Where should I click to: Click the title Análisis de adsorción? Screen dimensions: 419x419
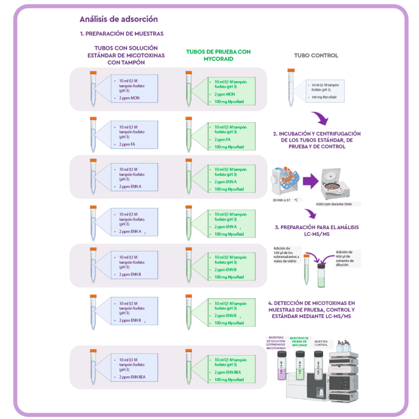pyautogui.click(x=118, y=19)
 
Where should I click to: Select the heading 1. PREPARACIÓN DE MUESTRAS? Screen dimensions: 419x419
pyautogui.click(x=122, y=34)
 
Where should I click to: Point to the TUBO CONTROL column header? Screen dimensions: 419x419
pyautogui.click(x=316, y=56)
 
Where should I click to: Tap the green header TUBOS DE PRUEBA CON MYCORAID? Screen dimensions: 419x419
pyautogui.click(x=218, y=55)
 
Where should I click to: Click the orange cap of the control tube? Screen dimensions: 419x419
pyautogui.click(x=291, y=70)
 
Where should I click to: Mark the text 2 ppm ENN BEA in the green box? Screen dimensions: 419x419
pyautogui.click(x=228, y=373)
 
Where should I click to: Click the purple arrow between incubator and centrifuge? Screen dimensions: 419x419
pyautogui.click(x=310, y=182)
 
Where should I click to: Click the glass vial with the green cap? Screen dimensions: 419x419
pyautogui.click(x=321, y=273)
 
